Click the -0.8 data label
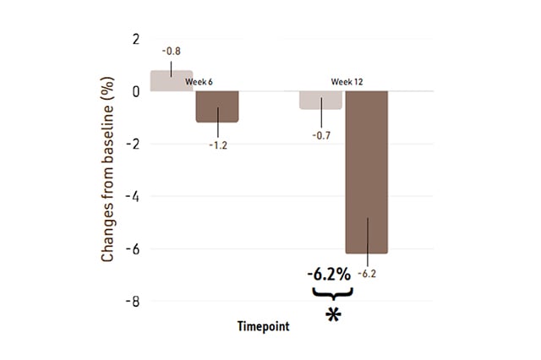pyautogui.click(x=171, y=51)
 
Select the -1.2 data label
pyautogui.click(x=218, y=145)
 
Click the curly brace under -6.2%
pyautogui.click(x=331, y=292)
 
